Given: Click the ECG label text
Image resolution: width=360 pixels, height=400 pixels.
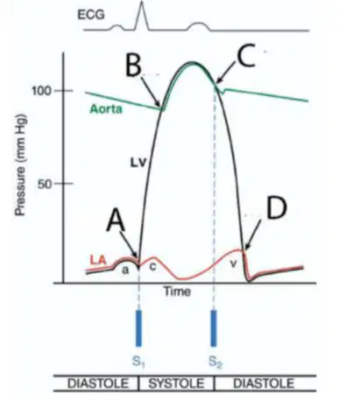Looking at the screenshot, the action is point(91,15).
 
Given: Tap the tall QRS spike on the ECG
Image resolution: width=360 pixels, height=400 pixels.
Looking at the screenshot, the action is point(142,15).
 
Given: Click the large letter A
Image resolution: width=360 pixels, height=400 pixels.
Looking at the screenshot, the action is point(116,221).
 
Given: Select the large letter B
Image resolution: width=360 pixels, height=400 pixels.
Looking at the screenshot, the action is point(133,65).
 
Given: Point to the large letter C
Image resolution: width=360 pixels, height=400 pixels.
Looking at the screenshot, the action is point(246,55).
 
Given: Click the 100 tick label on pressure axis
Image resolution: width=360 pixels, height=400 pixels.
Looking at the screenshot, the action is point(41,91).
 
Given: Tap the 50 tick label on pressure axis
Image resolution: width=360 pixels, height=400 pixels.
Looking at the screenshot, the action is point(45,184).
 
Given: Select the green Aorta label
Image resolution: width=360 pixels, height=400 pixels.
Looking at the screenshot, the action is point(106,109).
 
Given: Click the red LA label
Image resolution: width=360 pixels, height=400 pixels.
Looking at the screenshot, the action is point(98,260).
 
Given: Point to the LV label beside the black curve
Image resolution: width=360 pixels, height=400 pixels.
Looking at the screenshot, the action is point(138,163).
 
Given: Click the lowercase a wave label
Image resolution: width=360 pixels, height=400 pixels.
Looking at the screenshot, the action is point(125,270).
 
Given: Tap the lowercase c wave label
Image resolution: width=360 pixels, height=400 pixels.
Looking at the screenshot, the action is point(152,266).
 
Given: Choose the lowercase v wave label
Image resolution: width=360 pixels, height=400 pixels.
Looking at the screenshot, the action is point(233,263).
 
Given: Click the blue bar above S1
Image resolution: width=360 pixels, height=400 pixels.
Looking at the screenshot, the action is point(139,328).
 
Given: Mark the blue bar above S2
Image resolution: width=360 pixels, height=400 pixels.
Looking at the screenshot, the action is point(214,328).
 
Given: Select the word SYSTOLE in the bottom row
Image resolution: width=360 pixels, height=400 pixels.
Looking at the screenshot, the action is point(176,383).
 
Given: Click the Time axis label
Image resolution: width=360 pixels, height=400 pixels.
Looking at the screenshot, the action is point(178,291).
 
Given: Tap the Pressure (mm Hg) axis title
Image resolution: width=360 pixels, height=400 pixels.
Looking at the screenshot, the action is point(21,165).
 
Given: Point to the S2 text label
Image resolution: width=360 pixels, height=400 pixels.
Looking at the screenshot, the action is point(216,361).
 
